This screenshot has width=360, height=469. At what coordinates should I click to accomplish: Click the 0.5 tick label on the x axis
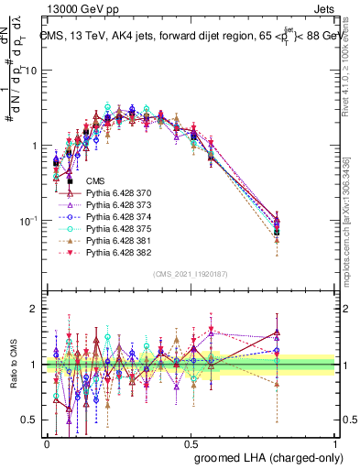tap(191, 442)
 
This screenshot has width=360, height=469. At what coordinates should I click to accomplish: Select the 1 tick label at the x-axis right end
tap(335, 442)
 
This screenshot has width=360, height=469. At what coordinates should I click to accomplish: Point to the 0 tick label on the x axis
tap(48, 442)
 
